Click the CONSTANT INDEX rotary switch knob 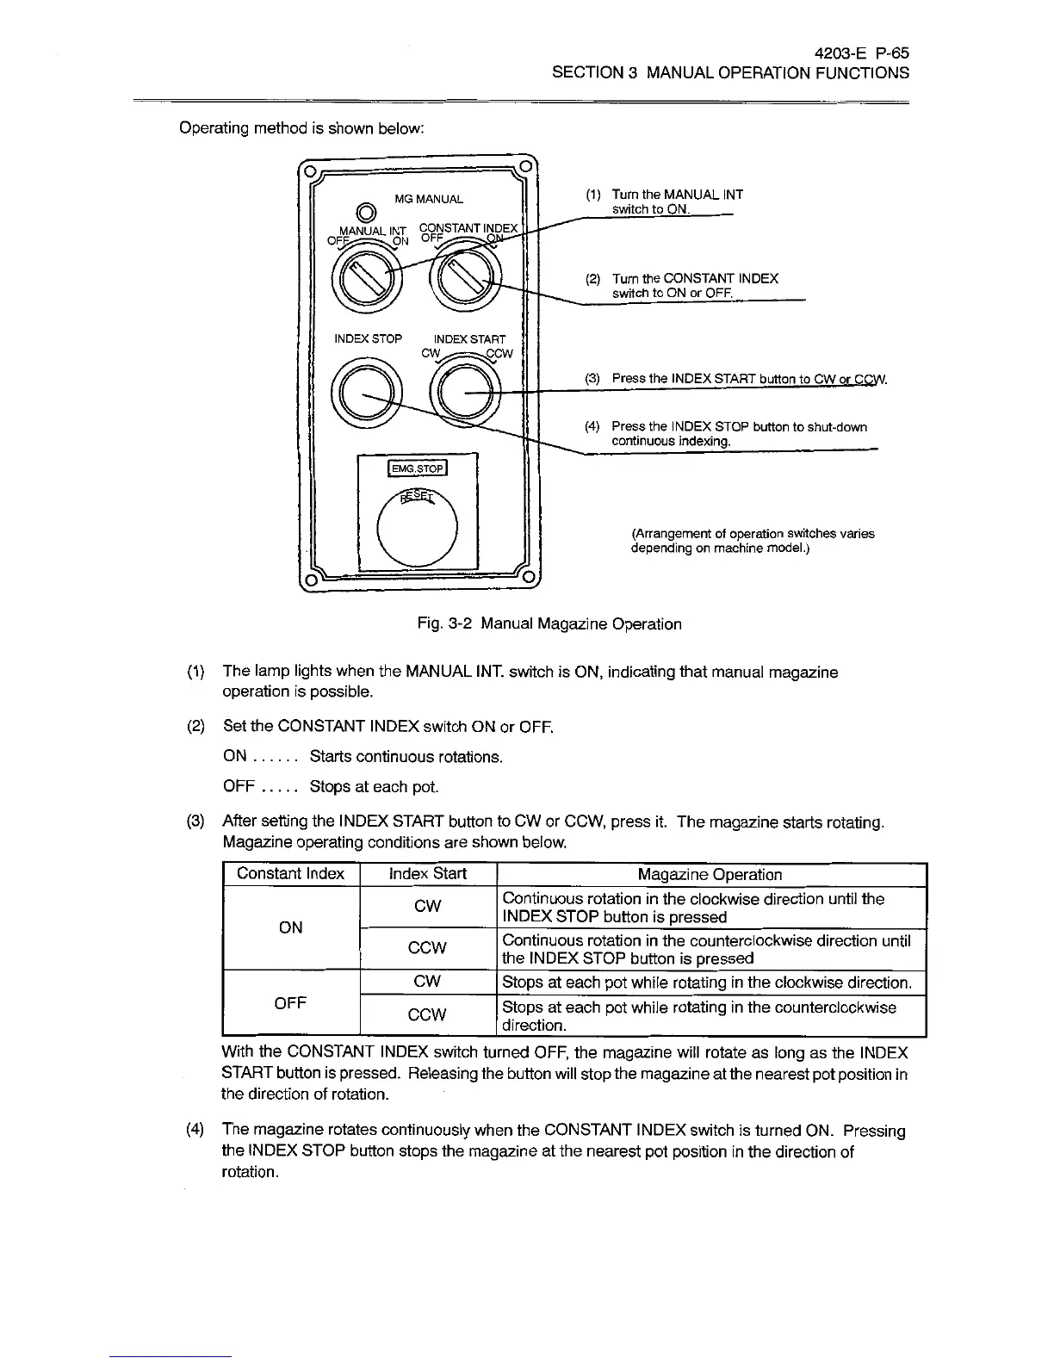pyautogui.click(x=468, y=279)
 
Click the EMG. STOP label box pyautogui.click(x=418, y=468)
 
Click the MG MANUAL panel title pyautogui.click(x=428, y=199)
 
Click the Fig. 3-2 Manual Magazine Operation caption pyautogui.click(x=545, y=623)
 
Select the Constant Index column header pyautogui.click(x=290, y=874)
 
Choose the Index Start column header pyautogui.click(x=427, y=874)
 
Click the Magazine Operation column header pyautogui.click(x=710, y=875)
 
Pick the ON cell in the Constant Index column pyautogui.click(x=290, y=927)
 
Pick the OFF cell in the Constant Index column pyautogui.click(x=290, y=1003)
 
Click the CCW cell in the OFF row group pyautogui.click(x=427, y=1015)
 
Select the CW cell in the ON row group pyautogui.click(x=427, y=907)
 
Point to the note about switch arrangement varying pyautogui.click(x=753, y=541)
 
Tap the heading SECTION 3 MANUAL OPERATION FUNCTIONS pyautogui.click(x=730, y=73)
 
